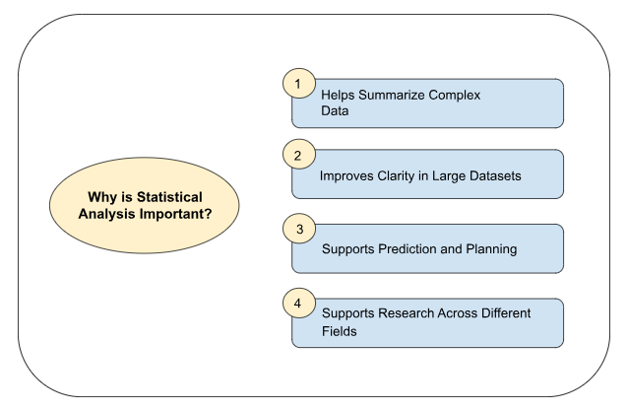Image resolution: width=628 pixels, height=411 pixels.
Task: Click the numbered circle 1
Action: (x=298, y=84)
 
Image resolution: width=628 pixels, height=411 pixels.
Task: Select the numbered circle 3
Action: (x=298, y=230)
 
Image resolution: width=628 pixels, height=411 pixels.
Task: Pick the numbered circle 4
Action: (x=298, y=304)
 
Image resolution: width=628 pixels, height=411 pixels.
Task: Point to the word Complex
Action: (x=461, y=96)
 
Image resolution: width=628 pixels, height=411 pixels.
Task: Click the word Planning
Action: (x=492, y=248)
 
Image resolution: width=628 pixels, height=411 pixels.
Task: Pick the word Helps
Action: (x=340, y=96)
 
